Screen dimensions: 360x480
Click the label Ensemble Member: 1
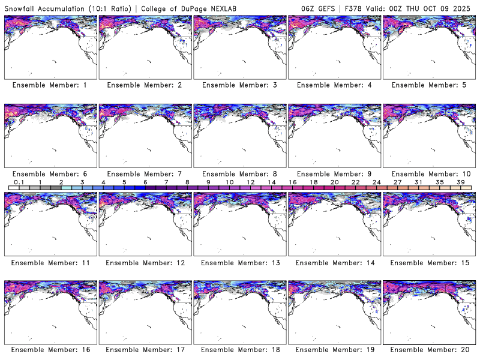(x=50, y=85)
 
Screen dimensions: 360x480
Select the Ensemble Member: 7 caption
(x=145, y=174)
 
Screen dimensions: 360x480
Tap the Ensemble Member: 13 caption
(x=239, y=262)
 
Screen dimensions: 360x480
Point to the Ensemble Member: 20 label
(x=428, y=350)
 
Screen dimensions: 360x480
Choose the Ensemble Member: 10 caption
(x=428, y=174)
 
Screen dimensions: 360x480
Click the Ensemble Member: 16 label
(x=50, y=350)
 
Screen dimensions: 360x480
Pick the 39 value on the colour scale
(x=461, y=182)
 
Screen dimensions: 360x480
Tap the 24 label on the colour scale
(x=377, y=182)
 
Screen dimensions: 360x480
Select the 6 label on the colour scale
(x=145, y=182)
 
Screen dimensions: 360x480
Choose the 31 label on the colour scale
(x=419, y=182)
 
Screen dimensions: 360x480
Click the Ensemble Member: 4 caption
(x=334, y=85)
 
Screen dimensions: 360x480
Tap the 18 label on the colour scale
(x=314, y=182)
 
